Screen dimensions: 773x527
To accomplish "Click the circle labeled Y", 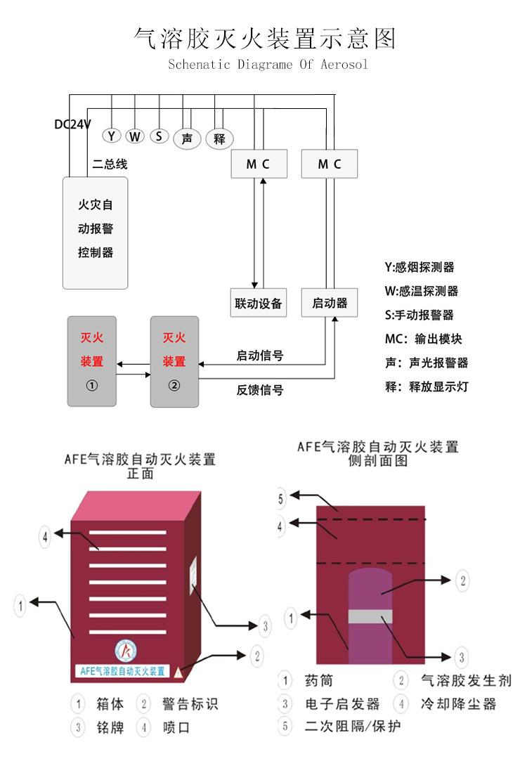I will [x=111, y=136].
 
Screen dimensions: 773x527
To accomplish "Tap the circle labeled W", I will [x=135, y=136].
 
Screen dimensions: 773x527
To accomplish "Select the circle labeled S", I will [x=160, y=136].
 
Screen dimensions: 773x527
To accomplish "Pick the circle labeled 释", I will [x=219, y=138].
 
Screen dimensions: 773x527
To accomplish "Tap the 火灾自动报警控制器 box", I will [x=96, y=232].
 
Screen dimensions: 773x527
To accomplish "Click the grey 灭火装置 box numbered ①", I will [x=92, y=361].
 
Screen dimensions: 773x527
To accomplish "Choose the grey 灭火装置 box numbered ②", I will [x=174, y=361].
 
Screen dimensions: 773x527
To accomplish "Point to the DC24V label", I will [x=73, y=124].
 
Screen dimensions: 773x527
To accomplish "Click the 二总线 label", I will [x=110, y=164].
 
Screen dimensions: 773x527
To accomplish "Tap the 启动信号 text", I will [x=259, y=356].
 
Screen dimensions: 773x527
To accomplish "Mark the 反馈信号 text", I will [x=259, y=389].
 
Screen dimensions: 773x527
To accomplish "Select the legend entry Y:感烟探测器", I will [x=419, y=267].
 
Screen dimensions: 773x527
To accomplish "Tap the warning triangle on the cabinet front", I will [x=179, y=672].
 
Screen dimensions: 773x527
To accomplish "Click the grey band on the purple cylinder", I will [x=369, y=616].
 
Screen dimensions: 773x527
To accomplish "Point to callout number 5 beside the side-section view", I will [x=281, y=500].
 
